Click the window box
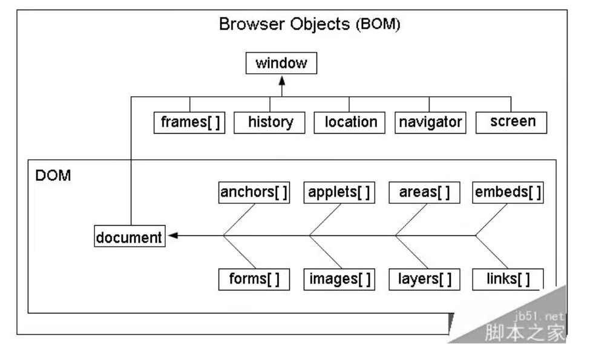tap(281, 63)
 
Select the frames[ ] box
tap(189, 122)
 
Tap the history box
tap(270, 122)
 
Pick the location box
tap(350, 122)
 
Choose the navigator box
tap(430, 122)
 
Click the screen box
tap(512, 122)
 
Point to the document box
tap(129, 237)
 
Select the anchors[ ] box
tap(254, 193)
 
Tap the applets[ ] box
tap(339, 193)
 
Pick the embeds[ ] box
tap(508, 193)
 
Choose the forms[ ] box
tap(254, 279)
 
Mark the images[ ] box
tap(339, 279)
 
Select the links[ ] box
tap(508, 279)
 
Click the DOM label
tap(53, 176)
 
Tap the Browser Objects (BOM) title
tap(309, 25)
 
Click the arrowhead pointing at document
tap(172, 236)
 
